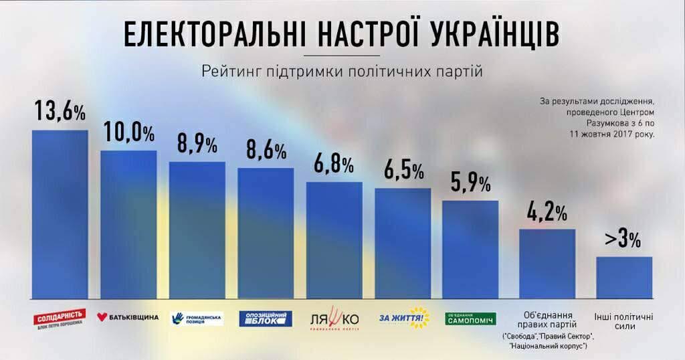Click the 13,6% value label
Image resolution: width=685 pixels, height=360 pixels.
tap(60, 112)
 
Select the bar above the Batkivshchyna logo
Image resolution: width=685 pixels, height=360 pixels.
tap(128, 224)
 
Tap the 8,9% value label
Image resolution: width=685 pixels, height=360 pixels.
tap(197, 145)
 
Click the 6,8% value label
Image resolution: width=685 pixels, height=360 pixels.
tap(334, 165)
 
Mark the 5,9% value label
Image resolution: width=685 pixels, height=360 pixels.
tap(471, 183)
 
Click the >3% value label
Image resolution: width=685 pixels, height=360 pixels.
tap(623, 239)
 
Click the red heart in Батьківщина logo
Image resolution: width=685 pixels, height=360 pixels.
tap(102, 317)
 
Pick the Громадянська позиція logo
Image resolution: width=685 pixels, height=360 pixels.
tap(197, 319)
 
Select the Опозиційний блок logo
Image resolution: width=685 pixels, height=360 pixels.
tap(266, 319)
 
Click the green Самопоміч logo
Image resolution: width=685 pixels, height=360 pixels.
tap(471, 319)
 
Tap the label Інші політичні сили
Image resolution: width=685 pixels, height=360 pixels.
tap(623, 321)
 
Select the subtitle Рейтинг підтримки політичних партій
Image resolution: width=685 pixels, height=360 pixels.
tap(342, 71)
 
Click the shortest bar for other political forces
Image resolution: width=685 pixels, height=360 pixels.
tap(623, 277)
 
